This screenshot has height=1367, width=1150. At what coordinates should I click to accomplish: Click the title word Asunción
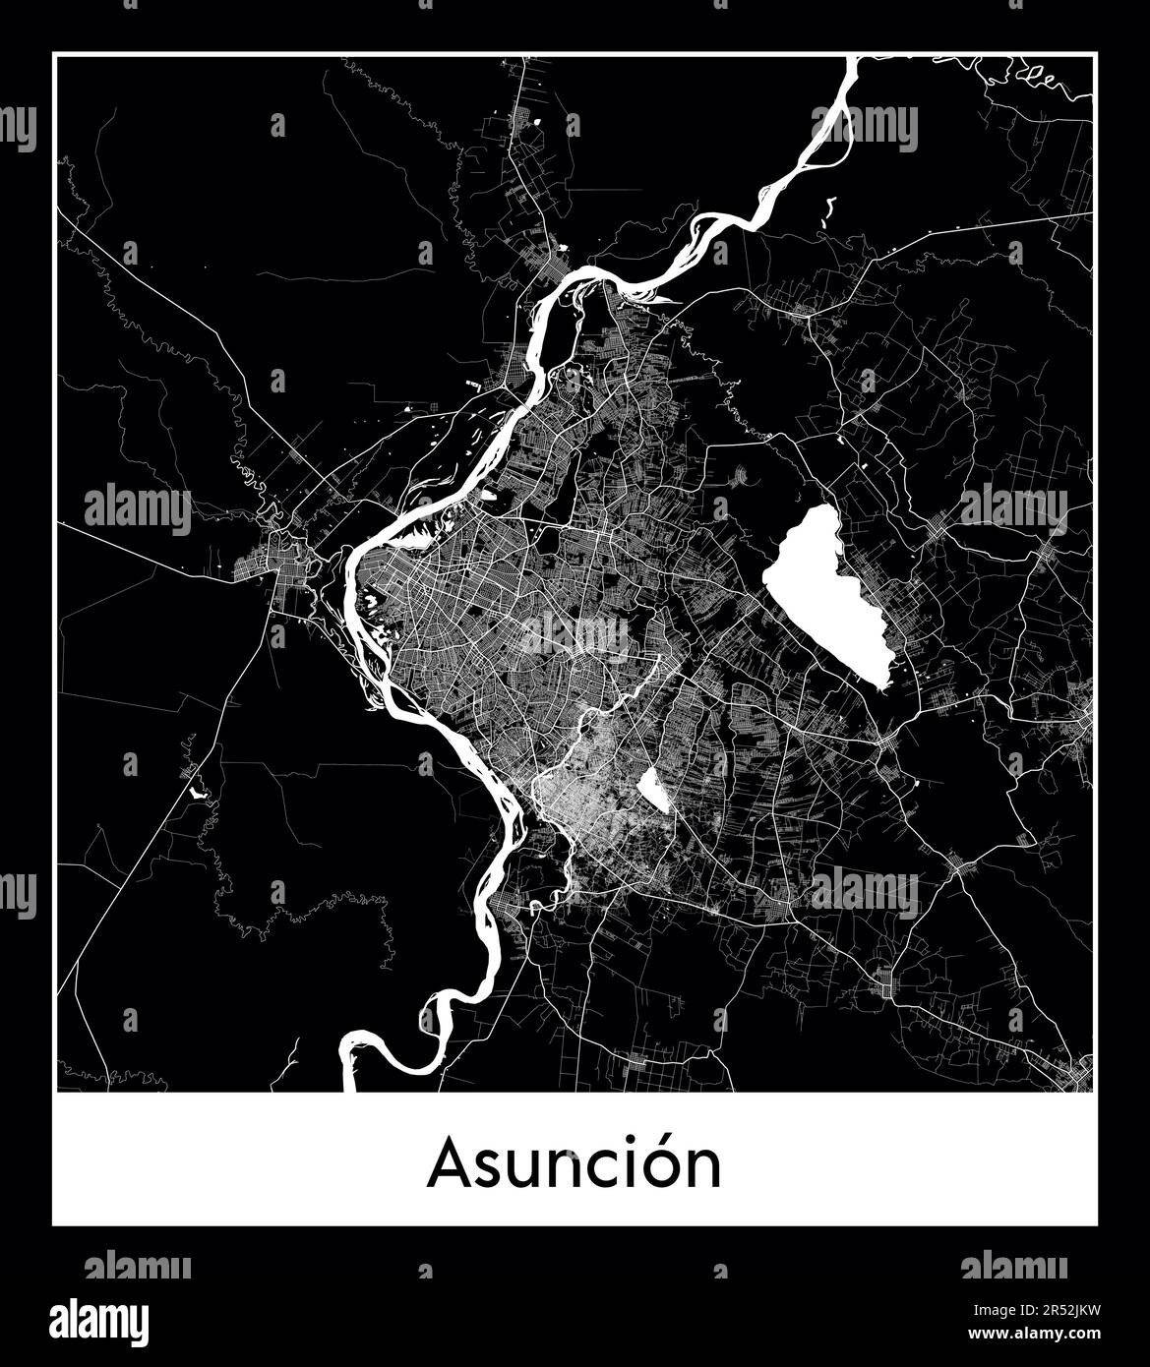(x=575, y=1164)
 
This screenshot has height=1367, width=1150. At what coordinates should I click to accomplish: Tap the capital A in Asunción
(x=448, y=1165)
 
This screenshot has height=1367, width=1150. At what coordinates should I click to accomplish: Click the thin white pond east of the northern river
(x=828, y=210)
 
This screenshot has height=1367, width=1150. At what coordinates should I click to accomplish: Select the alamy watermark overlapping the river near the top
(x=865, y=128)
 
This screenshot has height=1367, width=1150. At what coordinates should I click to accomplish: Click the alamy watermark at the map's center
(x=575, y=634)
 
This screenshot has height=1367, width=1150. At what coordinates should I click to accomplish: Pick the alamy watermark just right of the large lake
(x=1012, y=507)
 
